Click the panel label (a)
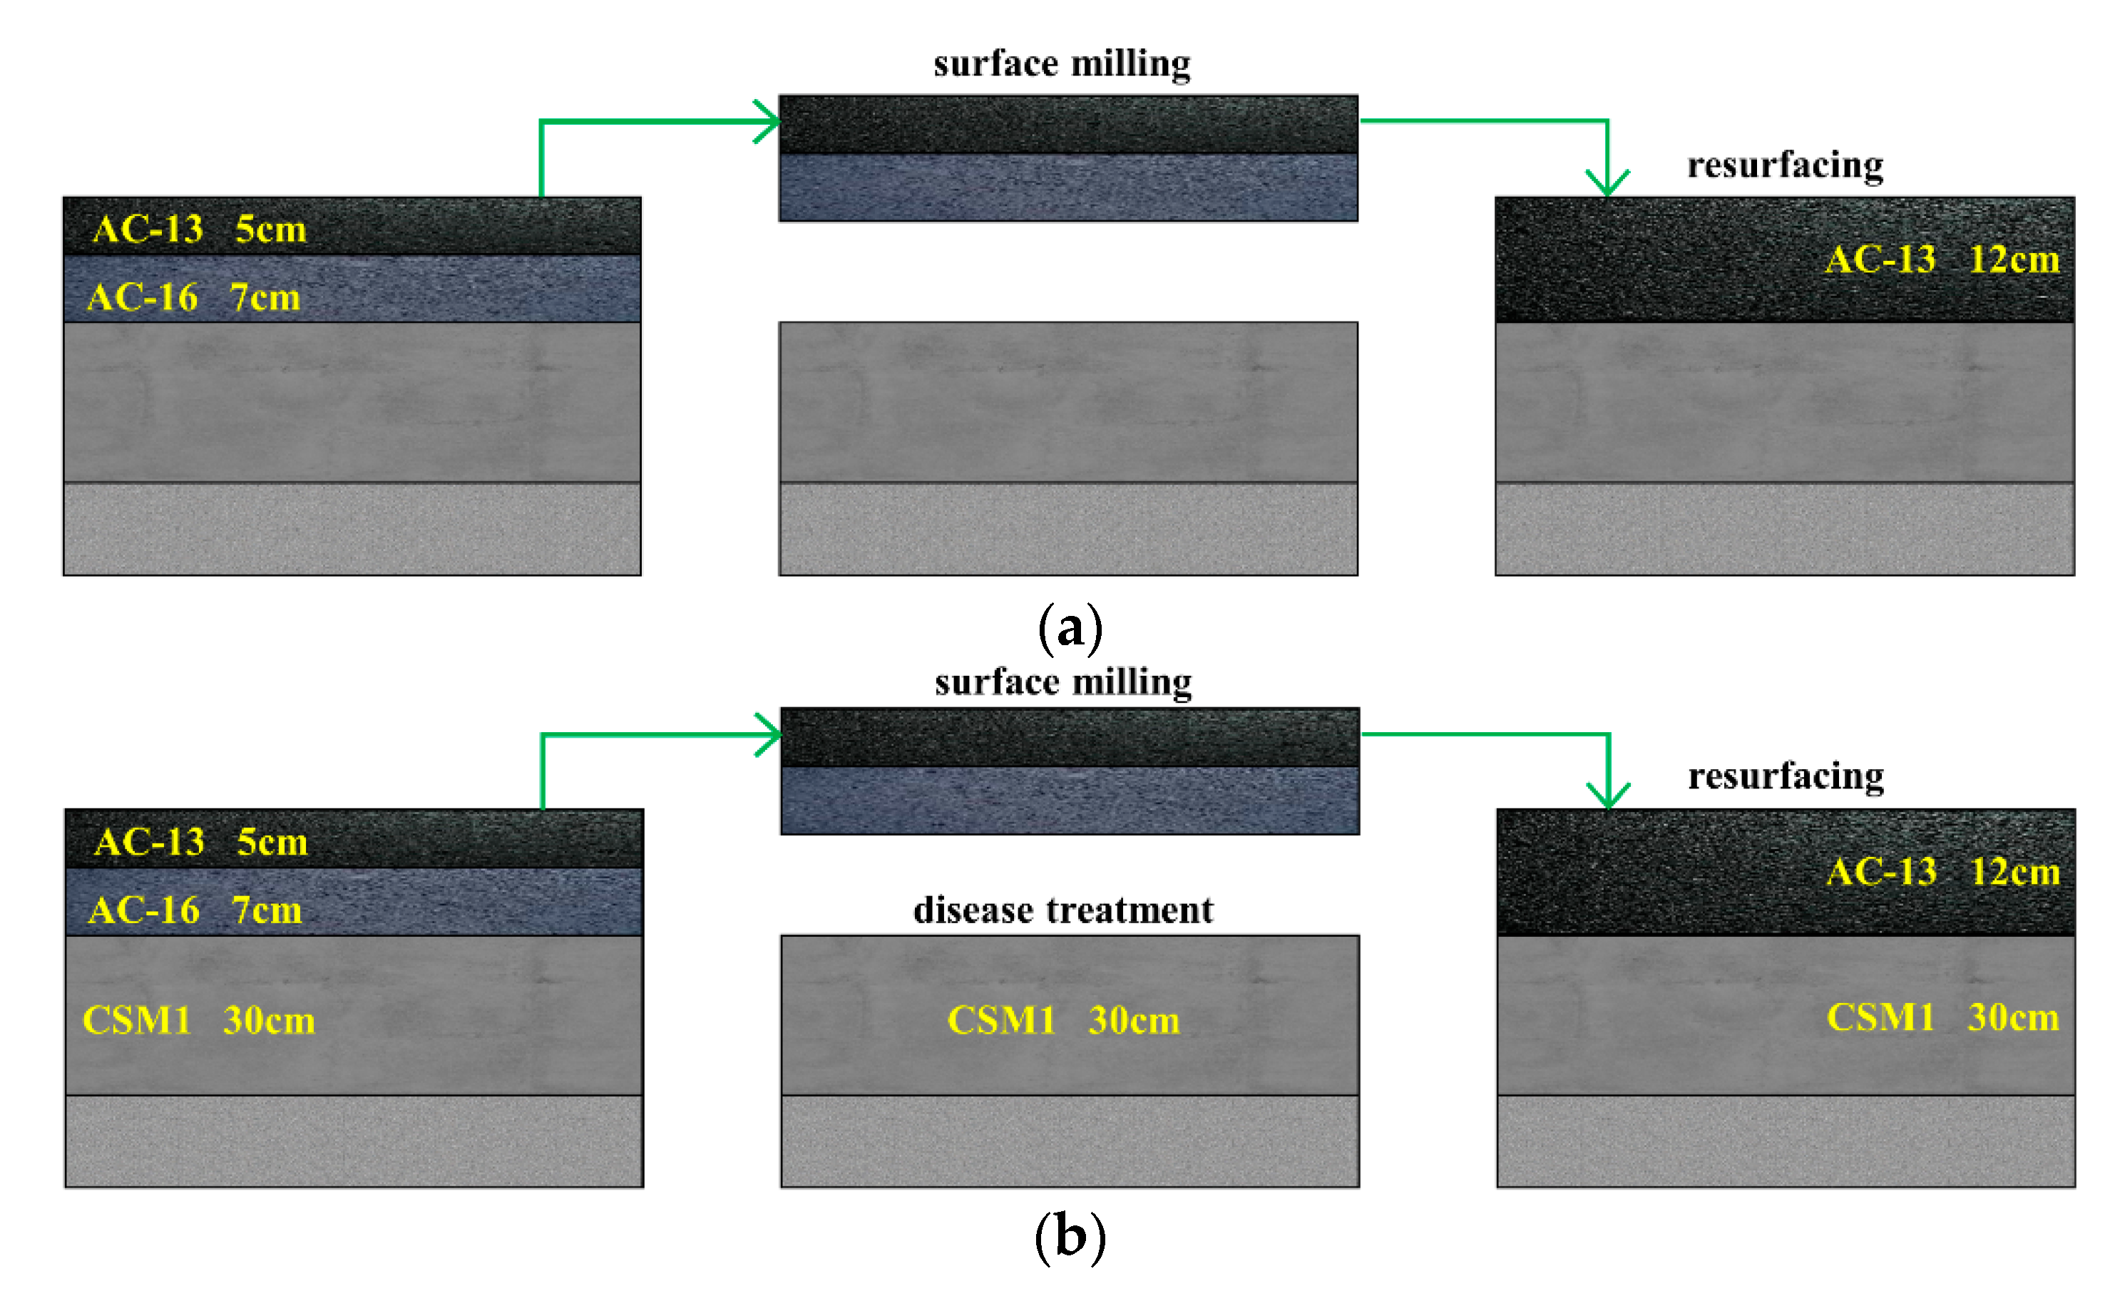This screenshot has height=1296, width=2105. (x=1069, y=628)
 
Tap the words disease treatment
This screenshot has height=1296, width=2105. (x=1063, y=910)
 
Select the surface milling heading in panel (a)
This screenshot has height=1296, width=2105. (x=1062, y=64)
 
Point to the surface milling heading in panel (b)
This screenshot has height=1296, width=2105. (x=1063, y=683)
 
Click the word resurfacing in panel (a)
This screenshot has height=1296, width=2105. (x=1785, y=165)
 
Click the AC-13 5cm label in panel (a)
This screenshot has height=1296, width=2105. (x=199, y=229)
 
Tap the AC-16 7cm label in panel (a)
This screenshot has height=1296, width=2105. (x=194, y=297)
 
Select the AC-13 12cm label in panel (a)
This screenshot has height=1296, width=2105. (x=1941, y=259)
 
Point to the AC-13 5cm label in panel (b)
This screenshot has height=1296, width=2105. (x=200, y=842)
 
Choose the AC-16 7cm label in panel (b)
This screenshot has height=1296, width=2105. (x=195, y=910)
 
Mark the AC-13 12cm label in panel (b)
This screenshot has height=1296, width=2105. (x=1943, y=872)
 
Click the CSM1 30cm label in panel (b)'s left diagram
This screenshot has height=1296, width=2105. (x=199, y=1020)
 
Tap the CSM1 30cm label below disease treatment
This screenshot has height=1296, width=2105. (x=1063, y=1020)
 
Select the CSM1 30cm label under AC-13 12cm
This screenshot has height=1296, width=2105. (x=1942, y=1017)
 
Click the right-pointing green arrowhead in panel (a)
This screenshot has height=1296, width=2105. (x=769, y=122)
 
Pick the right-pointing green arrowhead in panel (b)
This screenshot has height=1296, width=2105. (x=771, y=734)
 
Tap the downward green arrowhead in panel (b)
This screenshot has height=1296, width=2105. (x=1608, y=796)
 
